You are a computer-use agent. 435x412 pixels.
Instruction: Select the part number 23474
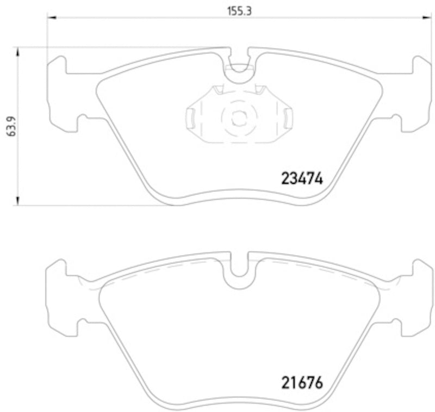click(x=302, y=178)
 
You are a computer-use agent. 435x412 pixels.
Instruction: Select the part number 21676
click(x=302, y=383)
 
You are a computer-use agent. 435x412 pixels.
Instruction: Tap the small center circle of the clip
click(x=238, y=117)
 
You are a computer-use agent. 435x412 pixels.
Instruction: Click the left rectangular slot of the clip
click(x=191, y=115)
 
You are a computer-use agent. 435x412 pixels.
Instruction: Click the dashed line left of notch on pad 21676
click(x=163, y=267)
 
